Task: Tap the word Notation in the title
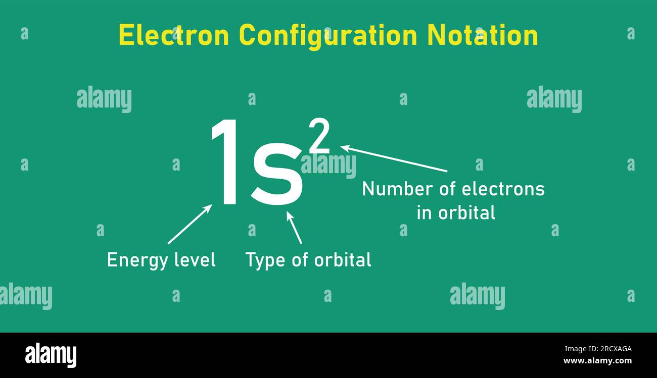click(x=482, y=35)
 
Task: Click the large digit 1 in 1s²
click(x=225, y=163)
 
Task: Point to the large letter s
click(x=277, y=174)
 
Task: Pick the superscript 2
click(x=319, y=137)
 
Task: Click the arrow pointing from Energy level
click(x=190, y=224)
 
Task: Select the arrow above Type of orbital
click(x=294, y=227)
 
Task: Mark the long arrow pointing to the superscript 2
click(x=394, y=158)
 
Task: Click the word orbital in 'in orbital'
click(x=466, y=212)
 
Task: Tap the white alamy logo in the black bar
click(x=51, y=355)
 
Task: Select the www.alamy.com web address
click(x=597, y=361)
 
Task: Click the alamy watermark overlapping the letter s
click(x=329, y=165)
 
